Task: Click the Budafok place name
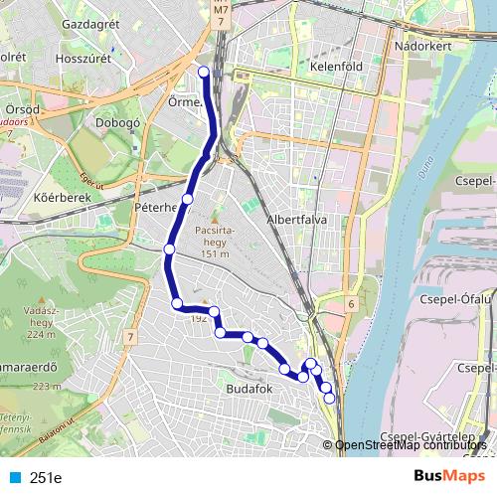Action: pyautogui.click(x=248, y=389)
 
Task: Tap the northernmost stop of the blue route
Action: pyautogui.click(x=204, y=71)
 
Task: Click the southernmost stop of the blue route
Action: pyautogui.click(x=330, y=399)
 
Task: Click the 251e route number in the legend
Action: pyautogui.click(x=46, y=477)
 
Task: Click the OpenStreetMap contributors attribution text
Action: pyautogui.click(x=414, y=445)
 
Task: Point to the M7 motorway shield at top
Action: pyautogui.click(x=220, y=13)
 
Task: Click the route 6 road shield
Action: pyautogui.click(x=351, y=302)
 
